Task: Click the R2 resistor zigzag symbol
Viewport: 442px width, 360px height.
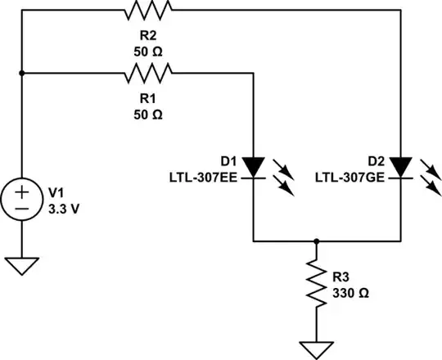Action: [147, 11]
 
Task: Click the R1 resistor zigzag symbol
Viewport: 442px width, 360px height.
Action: [147, 74]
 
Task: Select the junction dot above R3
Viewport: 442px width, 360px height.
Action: [316, 241]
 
